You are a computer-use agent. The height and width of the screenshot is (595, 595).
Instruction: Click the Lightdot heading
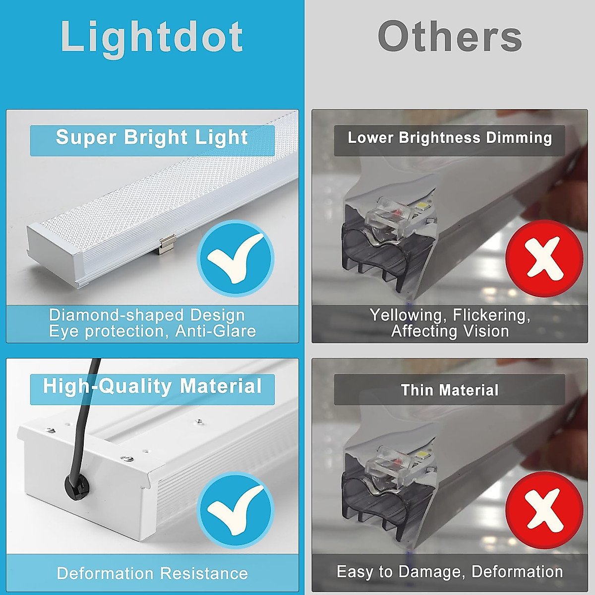[x=152, y=37]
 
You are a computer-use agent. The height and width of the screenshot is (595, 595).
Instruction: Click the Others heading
[x=450, y=37]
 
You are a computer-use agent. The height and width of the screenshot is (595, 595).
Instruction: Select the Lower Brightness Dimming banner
[x=449, y=138]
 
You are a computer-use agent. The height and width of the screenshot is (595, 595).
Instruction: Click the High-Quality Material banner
[x=152, y=387]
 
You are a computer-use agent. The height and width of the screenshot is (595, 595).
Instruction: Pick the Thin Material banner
[x=449, y=390]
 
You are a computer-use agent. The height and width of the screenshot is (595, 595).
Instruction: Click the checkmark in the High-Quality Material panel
[x=236, y=510]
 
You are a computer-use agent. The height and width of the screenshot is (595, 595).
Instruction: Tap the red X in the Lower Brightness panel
[x=544, y=258]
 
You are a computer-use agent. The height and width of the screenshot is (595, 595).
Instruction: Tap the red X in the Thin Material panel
[x=544, y=510]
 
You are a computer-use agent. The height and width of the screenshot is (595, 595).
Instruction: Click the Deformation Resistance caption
[x=152, y=574]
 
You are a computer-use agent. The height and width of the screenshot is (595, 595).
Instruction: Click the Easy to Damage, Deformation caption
[x=449, y=572]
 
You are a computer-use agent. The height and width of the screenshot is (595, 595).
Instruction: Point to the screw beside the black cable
[x=127, y=459]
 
